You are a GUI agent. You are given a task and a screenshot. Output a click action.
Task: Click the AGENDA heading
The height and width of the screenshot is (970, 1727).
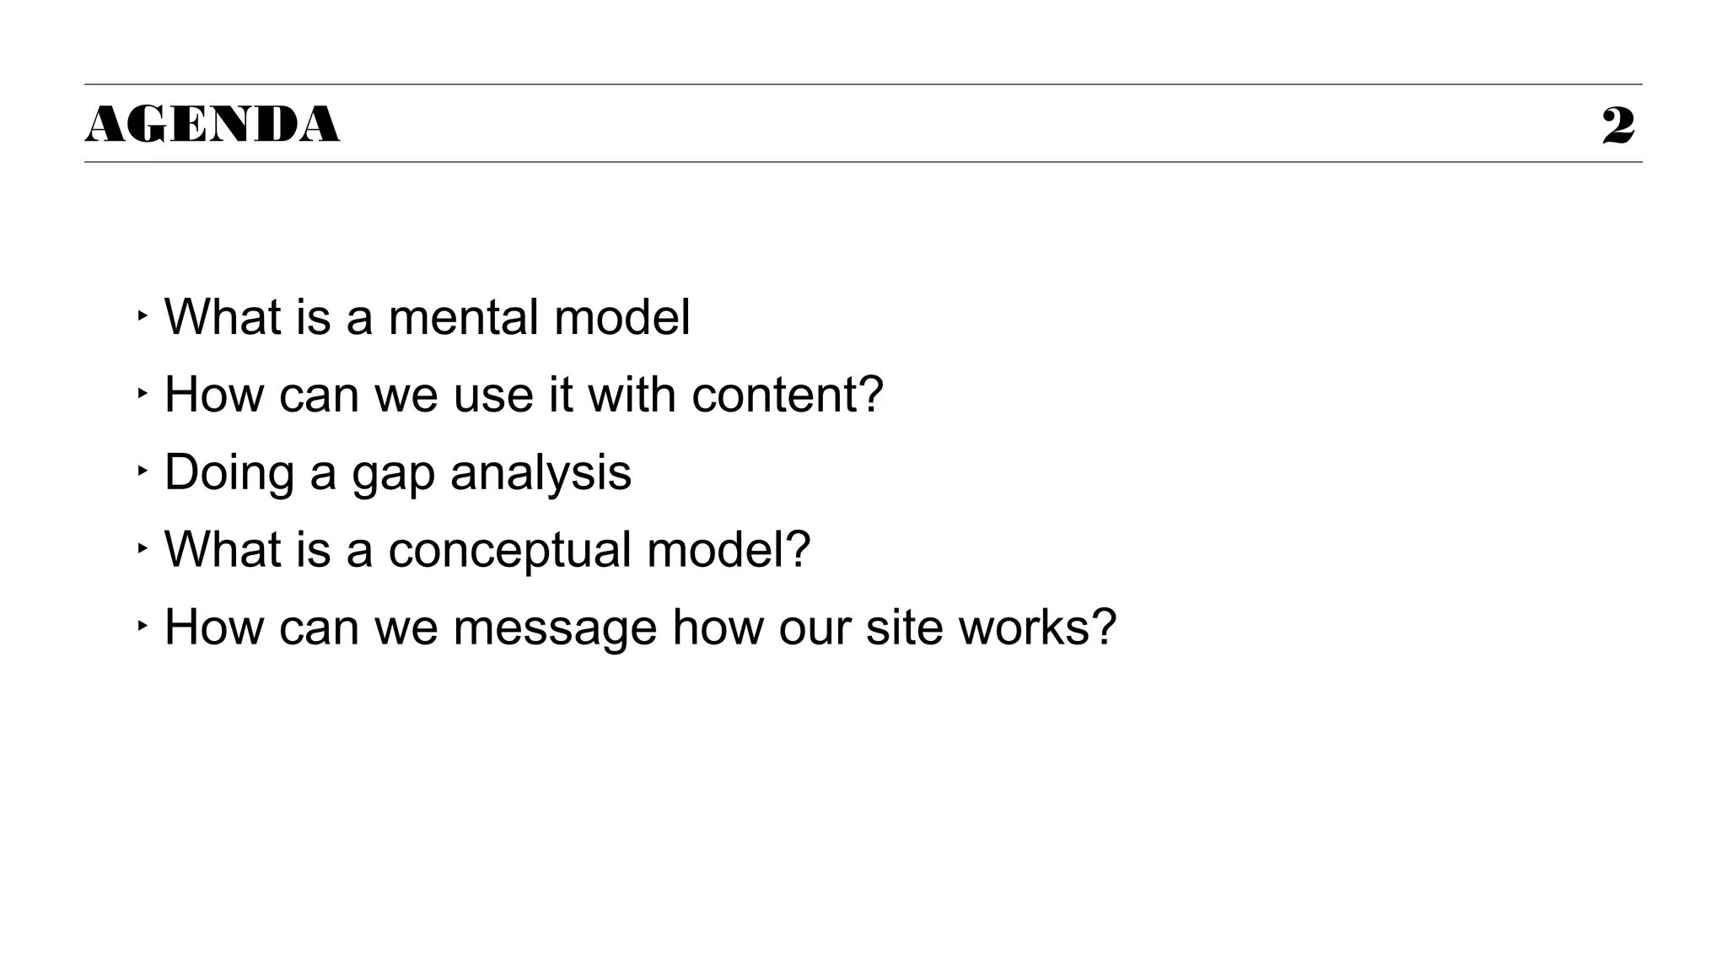212,125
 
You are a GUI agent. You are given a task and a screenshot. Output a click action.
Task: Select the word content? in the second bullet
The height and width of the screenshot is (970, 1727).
787,395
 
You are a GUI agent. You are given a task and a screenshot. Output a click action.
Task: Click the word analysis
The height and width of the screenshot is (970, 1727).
541,474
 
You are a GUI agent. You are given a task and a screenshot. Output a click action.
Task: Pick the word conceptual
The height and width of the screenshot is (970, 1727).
509,551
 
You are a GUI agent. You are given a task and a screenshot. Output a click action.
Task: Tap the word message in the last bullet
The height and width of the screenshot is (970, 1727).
554,628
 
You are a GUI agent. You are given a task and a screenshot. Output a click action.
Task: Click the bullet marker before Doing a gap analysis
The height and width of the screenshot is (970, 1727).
142,471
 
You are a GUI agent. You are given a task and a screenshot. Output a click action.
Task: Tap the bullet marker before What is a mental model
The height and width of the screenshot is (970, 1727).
142,315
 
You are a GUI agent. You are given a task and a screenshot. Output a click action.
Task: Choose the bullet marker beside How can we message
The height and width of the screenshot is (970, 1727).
142,626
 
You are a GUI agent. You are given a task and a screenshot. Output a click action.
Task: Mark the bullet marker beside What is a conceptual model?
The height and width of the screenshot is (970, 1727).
142,548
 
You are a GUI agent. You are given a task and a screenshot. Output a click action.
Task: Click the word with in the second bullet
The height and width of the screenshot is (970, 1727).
632,395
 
